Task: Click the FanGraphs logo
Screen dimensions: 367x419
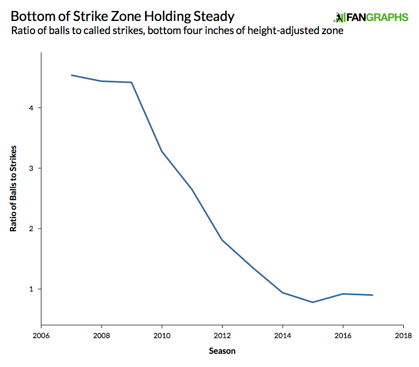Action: pyautogui.click(x=370, y=17)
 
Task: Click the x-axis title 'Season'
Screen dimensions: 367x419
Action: pyautogui.click(x=222, y=350)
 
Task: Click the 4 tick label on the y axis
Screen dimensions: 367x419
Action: pyautogui.click(x=31, y=108)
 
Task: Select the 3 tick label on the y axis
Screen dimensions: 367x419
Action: pyautogui.click(x=31, y=168)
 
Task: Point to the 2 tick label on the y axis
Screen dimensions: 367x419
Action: pyautogui.click(x=31, y=229)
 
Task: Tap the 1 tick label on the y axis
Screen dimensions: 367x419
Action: pyautogui.click(x=31, y=289)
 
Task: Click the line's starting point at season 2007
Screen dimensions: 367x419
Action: pyautogui.click(x=72, y=75)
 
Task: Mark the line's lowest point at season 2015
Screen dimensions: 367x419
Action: pyautogui.click(x=313, y=302)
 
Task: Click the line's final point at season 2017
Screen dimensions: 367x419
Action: pyautogui.click(x=372, y=295)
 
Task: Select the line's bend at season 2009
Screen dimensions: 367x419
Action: pyautogui.click(x=131, y=82)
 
